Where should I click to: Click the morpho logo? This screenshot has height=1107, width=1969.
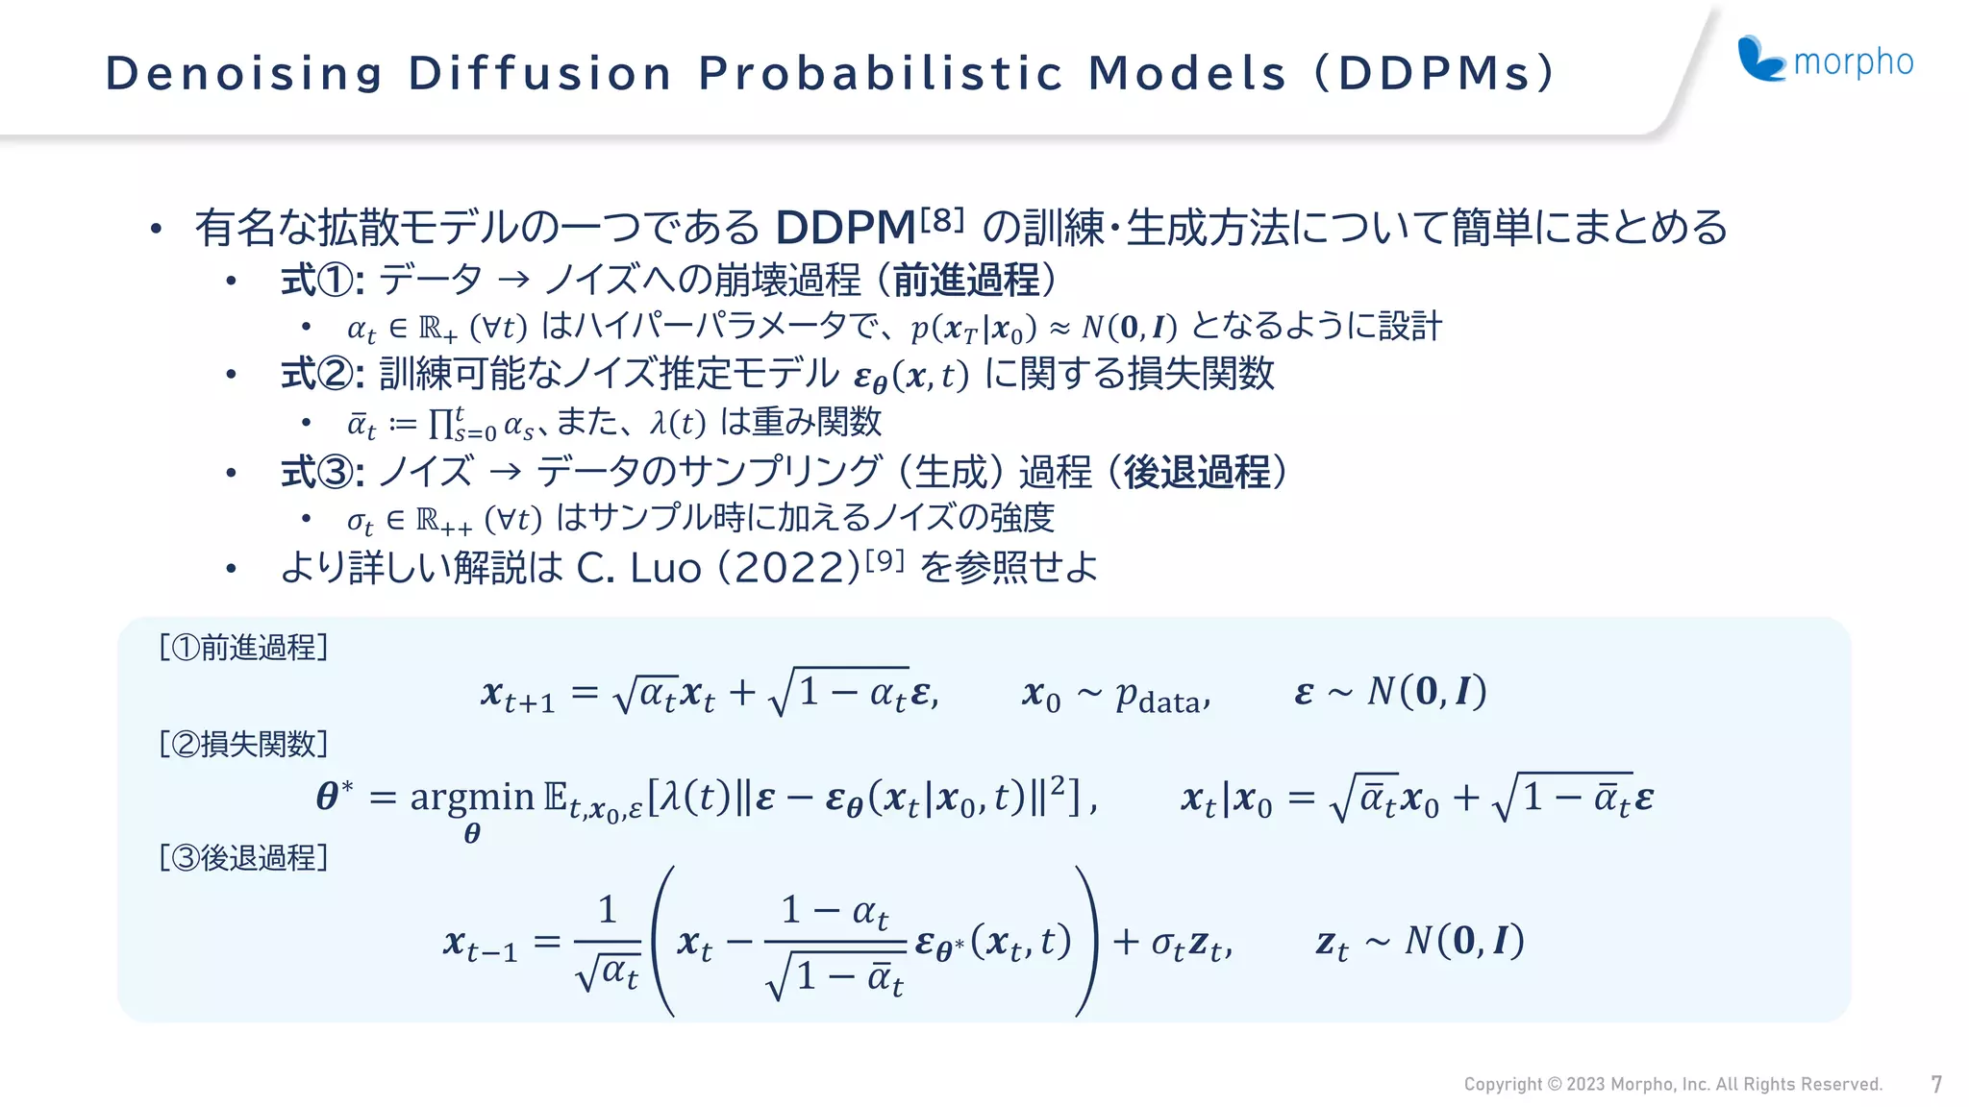coord(1824,61)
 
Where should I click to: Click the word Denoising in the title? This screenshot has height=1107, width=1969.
coord(244,74)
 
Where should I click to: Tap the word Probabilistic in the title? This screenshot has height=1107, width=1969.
coord(881,74)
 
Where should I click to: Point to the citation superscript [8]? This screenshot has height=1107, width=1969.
coord(941,220)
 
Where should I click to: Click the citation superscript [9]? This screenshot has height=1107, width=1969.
coord(885,559)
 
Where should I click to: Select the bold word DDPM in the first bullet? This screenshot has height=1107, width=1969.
coord(845,229)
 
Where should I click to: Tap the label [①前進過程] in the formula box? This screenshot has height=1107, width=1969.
coord(244,648)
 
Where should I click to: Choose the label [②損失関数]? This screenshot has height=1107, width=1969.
coord(244,744)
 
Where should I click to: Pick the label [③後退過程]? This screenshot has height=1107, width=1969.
coord(244,857)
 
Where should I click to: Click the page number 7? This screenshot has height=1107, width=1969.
coord(1936,1085)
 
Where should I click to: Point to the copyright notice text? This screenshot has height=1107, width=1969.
coord(1672,1085)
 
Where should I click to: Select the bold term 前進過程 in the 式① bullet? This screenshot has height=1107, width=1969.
coord(966,281)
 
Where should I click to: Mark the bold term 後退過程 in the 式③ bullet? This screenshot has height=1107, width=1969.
coord(1196,472)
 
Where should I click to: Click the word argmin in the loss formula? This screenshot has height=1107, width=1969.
coord(471,797)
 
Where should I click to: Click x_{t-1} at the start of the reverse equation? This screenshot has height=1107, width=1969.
coord(480,943)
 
